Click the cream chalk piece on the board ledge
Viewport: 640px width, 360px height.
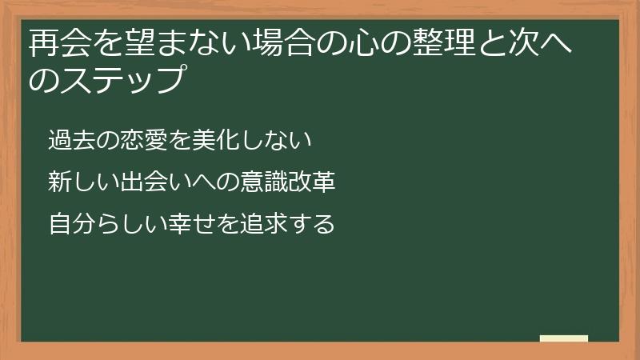pos(564,338)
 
